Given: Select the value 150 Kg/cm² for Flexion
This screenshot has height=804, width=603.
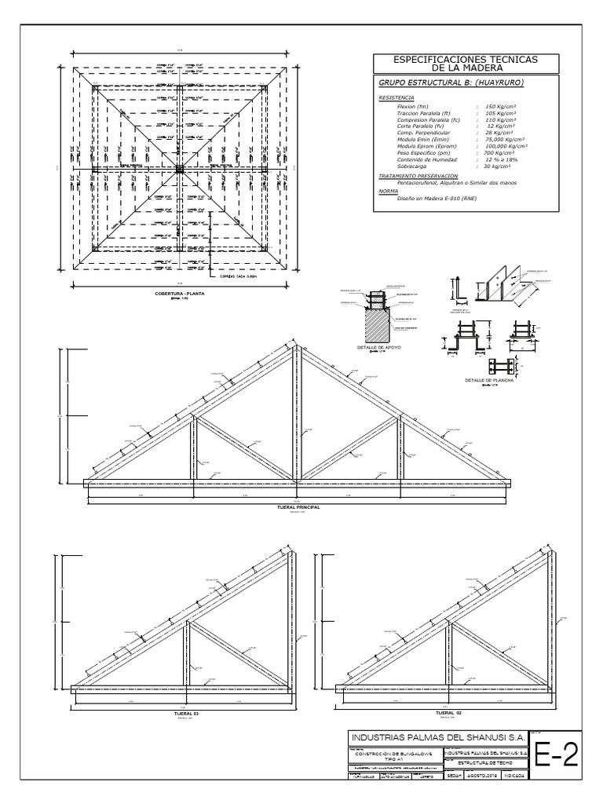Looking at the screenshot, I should click(x=501, y=106).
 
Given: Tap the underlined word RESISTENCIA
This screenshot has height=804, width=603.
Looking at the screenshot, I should click(x=397, y=98).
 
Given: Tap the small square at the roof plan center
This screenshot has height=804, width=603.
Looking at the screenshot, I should click(x=179, y=168).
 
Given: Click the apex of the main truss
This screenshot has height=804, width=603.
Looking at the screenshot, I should click(x=296, y=345).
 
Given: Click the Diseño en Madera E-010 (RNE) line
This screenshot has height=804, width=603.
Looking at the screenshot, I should click(x=440, y=199).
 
